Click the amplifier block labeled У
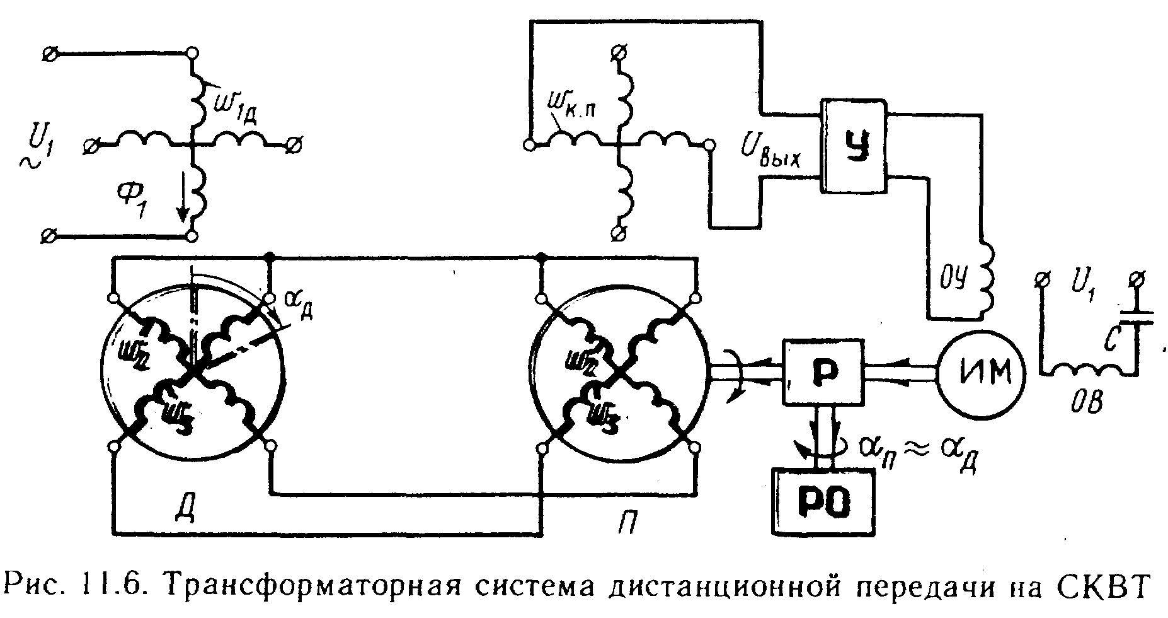click(854, 145)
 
